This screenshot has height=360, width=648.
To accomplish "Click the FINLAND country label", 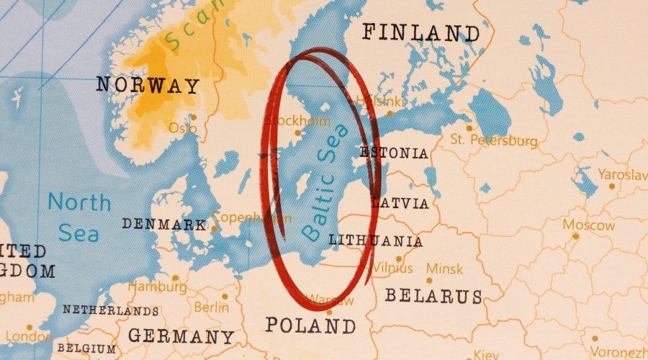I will (420, 32).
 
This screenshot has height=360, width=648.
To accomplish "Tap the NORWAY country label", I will (148, 86).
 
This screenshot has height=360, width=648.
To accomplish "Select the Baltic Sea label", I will (325, 182).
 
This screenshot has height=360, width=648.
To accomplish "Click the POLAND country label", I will (310, 325).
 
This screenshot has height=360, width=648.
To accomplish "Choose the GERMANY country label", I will (181, 336).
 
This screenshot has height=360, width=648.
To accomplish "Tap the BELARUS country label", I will (433, 296).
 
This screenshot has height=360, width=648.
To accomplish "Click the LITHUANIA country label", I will (375, 240).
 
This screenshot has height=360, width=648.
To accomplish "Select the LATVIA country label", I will (400, 203).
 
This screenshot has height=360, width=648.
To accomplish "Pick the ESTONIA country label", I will (393, 153).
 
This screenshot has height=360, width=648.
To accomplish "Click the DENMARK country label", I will (163, 224).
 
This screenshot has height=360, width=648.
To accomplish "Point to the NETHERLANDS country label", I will (110, 310).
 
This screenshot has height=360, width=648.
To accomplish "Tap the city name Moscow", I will (589, 225).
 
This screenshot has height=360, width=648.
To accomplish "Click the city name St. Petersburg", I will (493, 140).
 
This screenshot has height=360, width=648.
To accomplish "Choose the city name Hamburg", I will (156, 287).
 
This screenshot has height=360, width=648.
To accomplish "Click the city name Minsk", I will (444, 269).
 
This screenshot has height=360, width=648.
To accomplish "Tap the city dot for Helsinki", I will (390, 113).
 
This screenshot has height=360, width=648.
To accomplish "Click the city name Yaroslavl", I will (621, 175).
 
